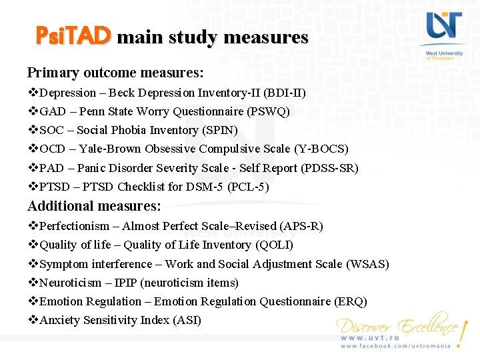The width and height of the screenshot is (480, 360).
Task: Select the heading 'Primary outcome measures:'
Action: (x=115, y=71)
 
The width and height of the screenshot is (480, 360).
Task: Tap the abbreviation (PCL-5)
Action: (x=248, y=187)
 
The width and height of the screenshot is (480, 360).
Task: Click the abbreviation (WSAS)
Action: (x=367, y=264)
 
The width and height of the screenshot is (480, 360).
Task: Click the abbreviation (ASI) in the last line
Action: (x=187, y=320)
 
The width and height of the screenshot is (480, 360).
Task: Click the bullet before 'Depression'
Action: (x=33, y=93)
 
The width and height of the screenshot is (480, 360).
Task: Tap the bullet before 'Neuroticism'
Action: (x=33, y=283)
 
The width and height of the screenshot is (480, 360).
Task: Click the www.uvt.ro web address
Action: (x=370, y=338)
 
